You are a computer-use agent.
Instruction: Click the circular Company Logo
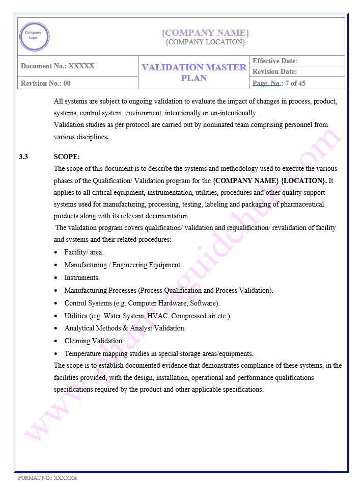34,36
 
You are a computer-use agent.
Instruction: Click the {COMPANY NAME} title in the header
205,33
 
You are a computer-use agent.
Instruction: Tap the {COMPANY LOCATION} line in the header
205,42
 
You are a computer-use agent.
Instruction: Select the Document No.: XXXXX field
58,66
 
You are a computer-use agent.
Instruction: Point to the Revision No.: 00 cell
46,83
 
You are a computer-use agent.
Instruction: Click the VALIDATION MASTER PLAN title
193,72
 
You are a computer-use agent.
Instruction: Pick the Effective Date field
275,61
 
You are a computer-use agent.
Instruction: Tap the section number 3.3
23,157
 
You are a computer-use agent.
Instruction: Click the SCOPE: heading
67,157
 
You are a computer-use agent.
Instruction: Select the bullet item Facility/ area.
84,252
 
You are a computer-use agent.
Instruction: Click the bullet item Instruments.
82,278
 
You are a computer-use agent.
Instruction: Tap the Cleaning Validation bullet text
94,341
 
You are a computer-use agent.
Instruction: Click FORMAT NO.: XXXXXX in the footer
47,478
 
